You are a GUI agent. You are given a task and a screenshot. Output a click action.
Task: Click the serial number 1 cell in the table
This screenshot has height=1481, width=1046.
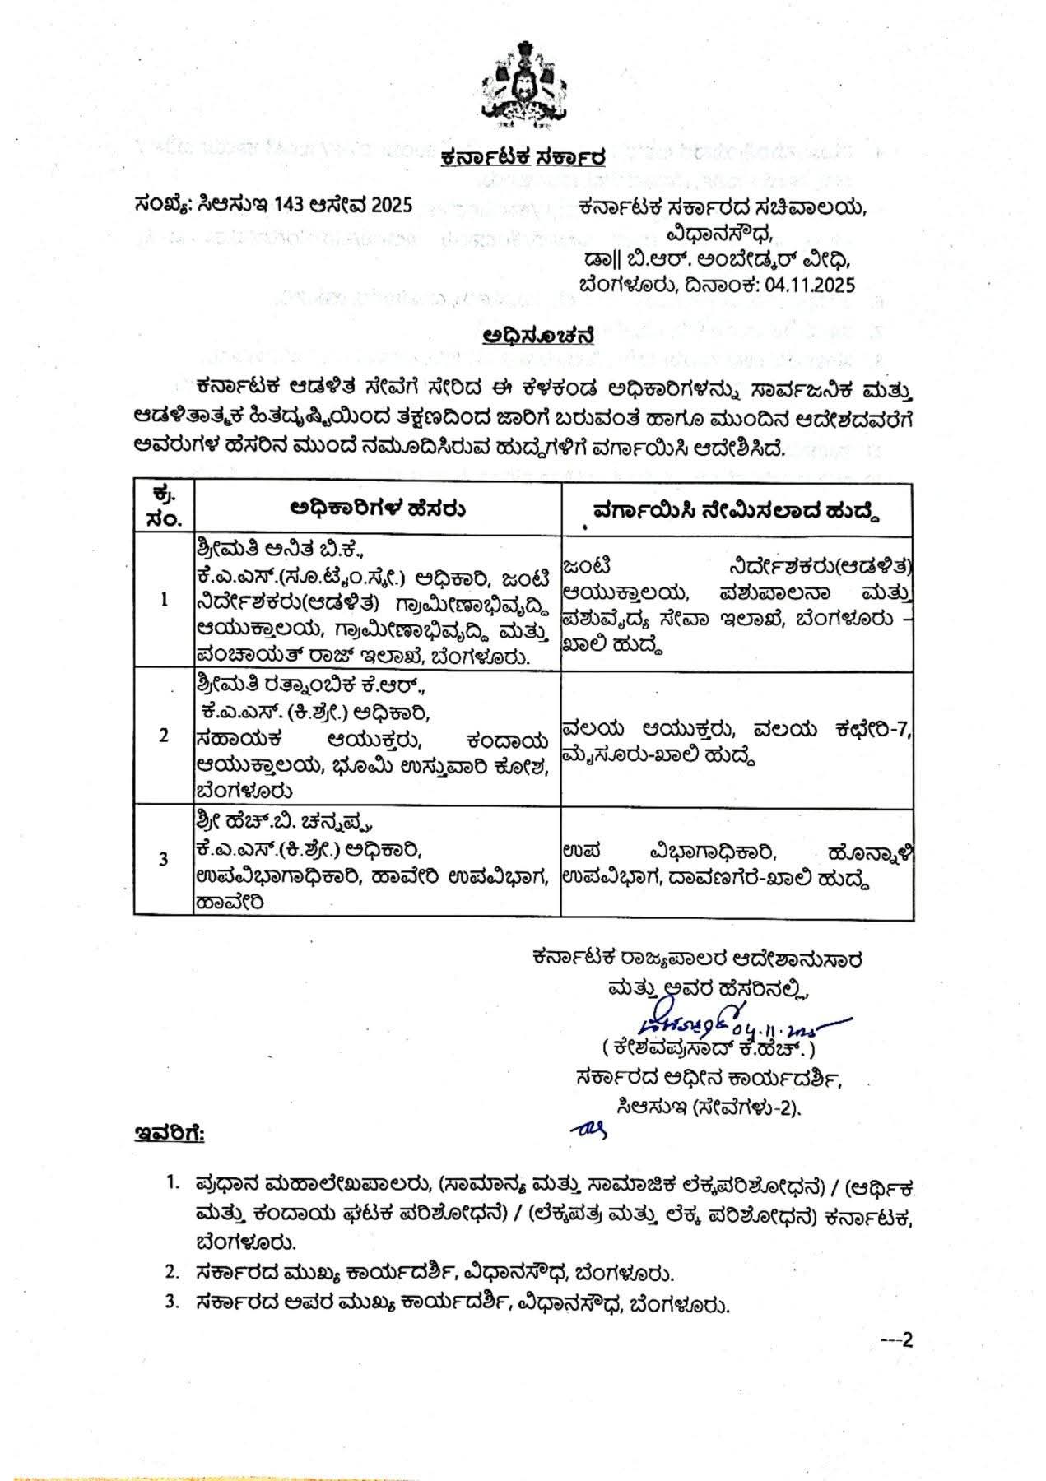coord(165,599)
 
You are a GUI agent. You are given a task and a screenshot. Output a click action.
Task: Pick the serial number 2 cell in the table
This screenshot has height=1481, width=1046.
coord(165,736)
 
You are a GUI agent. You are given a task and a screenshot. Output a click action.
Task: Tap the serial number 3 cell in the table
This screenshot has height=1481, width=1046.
coord(165,859)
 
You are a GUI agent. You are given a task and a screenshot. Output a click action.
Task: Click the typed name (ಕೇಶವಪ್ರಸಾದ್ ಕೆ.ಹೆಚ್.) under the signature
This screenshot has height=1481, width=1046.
coord(708,1050)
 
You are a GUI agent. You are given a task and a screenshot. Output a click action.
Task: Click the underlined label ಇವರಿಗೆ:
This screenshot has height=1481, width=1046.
coord(170,1135)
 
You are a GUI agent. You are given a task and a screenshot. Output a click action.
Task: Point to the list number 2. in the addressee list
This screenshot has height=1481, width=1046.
coord(171,1273)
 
